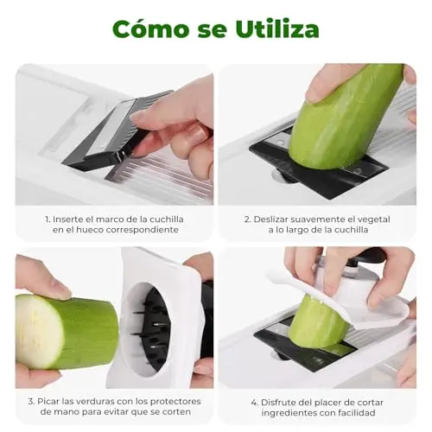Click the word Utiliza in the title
click(x=277, y=29)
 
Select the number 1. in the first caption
click(x=48, y=219)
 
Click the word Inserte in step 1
click(x=68, y=219)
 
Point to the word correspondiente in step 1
click(x=143, y=230)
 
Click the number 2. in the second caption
click(x=248, y=219)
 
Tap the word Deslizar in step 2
click(x=271, y=219)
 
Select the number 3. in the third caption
click(x=31, y=402)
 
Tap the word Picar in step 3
click(x=48, y=402)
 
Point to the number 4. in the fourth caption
click(x=255, y=403)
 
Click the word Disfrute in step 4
click(x=278, y=403)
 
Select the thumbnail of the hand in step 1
click(x=141, y=117)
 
